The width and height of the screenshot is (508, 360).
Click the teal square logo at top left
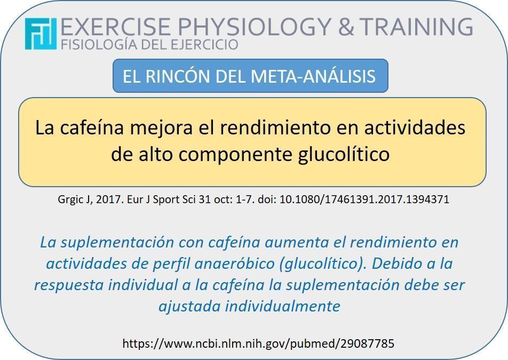[x=41, y=34]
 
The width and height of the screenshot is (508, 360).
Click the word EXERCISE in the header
[x=115, y=27]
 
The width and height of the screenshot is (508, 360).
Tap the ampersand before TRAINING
[x=347, y=27]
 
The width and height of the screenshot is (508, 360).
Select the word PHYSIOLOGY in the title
[x=254, y=27]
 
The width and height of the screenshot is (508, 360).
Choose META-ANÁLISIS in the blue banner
[x=313, y=76]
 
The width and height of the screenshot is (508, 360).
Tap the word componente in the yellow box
[x=237, y=154]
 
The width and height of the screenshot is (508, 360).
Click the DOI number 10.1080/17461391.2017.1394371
[x=364, y=199]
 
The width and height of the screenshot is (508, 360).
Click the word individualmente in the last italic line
[x=282, y=306]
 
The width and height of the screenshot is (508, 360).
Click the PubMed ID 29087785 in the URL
[x=367, y=343]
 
